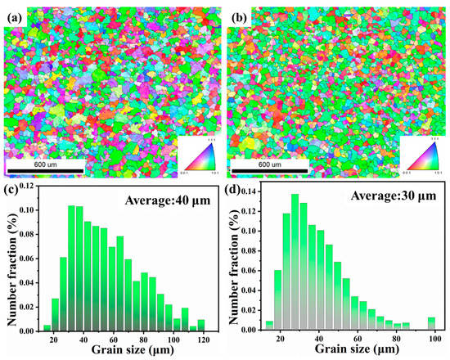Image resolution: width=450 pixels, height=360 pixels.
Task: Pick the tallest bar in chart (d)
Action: tap(295, 262)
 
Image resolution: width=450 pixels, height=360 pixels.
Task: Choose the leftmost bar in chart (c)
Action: tap(46, 328)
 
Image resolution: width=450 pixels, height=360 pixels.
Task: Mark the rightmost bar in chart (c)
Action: tap(201, 325)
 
